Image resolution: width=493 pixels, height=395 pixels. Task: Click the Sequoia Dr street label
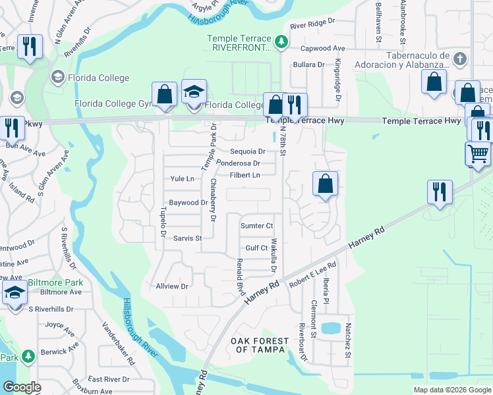(x=247, y=151)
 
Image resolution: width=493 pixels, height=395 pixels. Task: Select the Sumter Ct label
(x=256, y=226)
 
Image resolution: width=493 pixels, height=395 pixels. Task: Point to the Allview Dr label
(x=172, y=286)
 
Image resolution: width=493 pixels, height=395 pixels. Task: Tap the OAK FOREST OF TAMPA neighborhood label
(x=259, y=344)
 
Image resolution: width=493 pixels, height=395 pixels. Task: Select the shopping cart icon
(x=478, y=154)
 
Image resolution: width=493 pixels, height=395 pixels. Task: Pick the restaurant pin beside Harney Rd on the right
(x=440, y=192)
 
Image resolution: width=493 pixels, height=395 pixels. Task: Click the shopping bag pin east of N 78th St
(x=325, y=184)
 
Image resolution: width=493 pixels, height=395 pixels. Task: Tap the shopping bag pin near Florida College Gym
(x=164, y=94)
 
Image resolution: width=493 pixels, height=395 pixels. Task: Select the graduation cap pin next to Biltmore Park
(x=14, y=294)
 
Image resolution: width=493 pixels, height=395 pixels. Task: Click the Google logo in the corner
(x=22, y=387)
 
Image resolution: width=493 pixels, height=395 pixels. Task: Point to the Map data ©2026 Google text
(x=451, y=390)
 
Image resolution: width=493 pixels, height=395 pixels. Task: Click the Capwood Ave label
(x=323, y=49)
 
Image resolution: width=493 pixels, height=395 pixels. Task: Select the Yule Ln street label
(x=182, y=178)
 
